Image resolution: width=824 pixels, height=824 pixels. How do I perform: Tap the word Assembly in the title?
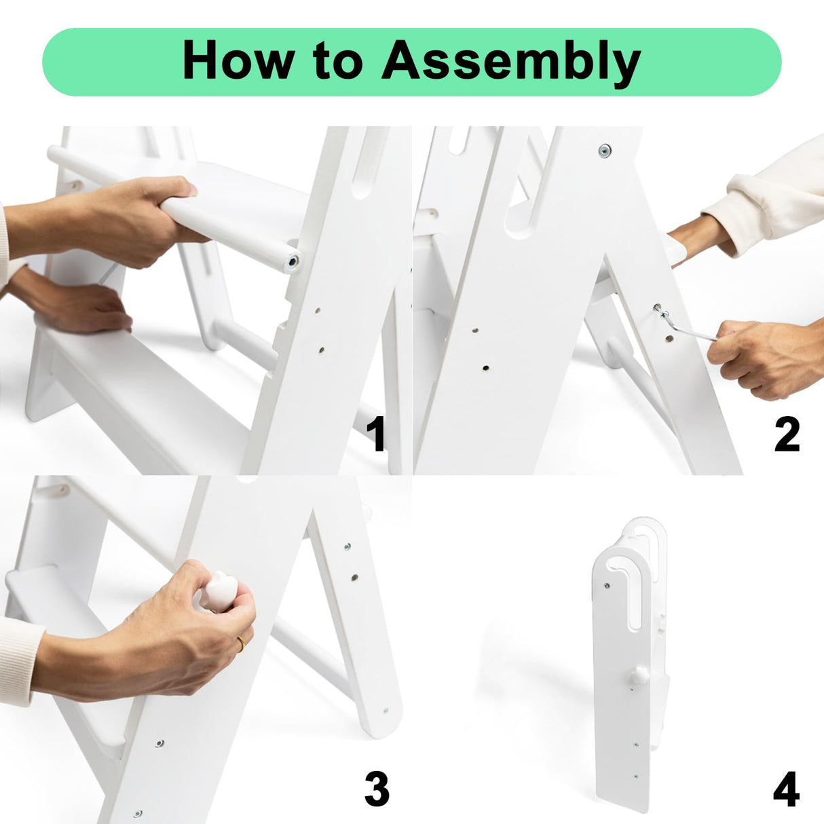pyautogui.click(x=511, y=63)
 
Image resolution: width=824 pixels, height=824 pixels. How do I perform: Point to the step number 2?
pyautogui.click(x=787, y=434)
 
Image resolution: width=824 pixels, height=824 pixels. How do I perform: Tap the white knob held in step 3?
pyautogui.click(x=219, y=591)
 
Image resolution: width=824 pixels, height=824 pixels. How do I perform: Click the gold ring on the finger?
pyautogui.click(x=241, y=644)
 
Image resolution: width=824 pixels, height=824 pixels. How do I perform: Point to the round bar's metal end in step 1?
pyautogui.click(x=293, y=261)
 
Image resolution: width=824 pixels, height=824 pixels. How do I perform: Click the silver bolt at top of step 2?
pyautogui.click(x=605, y=151)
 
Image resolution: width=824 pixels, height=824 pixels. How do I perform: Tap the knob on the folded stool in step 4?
pyautogui.click(x=639, y=676)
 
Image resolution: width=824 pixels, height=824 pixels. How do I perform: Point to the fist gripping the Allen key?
pyautogui.click(x=766, y=359)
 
